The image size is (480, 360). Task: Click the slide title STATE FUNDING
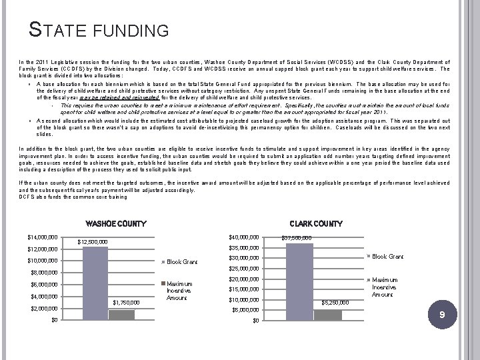tap(99, 30)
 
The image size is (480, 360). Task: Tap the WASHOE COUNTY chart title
tap(115, 224)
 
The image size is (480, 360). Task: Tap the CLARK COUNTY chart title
tap(315, 224)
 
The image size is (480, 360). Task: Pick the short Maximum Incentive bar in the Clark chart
tap(327, 315)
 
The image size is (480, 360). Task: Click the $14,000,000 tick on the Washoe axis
tap(42, 237)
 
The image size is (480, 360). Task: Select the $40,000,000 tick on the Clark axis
tap(243, 237)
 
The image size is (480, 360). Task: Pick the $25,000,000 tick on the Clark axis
tap(243, 269)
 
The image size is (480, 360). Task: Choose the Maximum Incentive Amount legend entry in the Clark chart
tap(385, 287)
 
